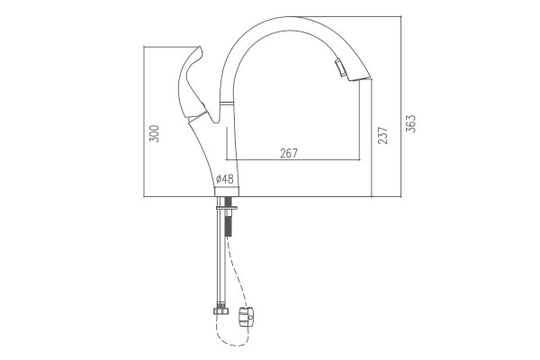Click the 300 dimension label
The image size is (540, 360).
point(154,134)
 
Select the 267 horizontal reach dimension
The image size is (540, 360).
point(289,153)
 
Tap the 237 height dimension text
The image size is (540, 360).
point(382,135)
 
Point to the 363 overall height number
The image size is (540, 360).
point(410,123)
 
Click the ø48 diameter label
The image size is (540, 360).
point(224,179)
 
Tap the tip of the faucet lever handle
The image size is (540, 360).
point(199,47)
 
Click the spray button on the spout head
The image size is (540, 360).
point(340,67)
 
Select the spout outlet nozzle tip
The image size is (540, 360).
point(361,79)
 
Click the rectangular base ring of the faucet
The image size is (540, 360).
point(227,192)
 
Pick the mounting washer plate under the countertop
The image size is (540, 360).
point(227,208)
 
